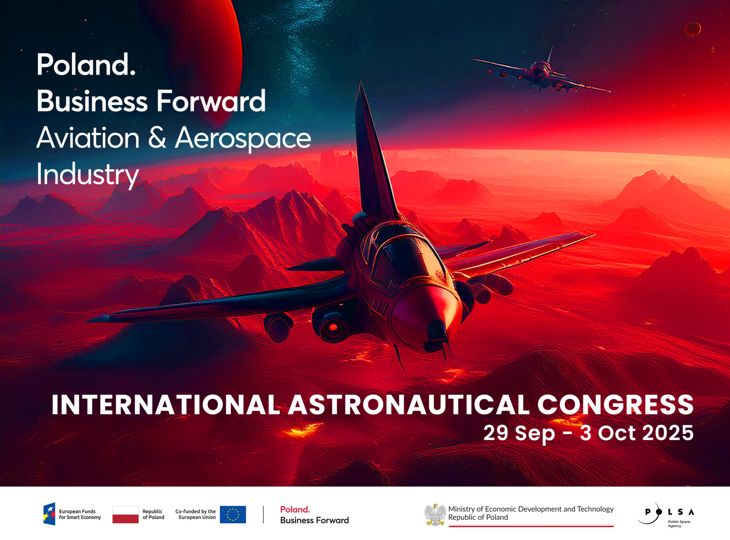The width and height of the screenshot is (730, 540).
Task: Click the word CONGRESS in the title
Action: pyautogui.click(x=615, y=405)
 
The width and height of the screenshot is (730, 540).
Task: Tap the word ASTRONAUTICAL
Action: pyautogui.click(x=410, y=405)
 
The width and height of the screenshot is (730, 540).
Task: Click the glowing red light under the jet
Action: pyautogui.click(x=333, y=327)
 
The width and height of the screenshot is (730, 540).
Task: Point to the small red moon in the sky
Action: pyautogui.click(x=693, y=29)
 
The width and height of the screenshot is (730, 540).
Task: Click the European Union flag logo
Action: pyautogui.click(x=233, y=514)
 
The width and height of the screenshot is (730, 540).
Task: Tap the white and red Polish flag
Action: pyautogui.click(x=125, y=514)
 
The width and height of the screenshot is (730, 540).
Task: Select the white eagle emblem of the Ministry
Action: pyautogui.click(x=435, y=515)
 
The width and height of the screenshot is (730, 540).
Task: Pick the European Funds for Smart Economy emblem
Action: pyautogui.click(x=50, y=514)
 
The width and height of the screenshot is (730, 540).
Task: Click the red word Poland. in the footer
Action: pyautogui.click(x=295, y=509)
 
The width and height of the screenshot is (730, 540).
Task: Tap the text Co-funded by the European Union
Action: pyautogui.click(x=195, y=514)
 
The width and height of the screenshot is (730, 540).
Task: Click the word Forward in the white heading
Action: pyautogui.click(x=211, y=101)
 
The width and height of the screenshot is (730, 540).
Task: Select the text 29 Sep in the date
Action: pyautogui.click(x=519, y=433)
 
